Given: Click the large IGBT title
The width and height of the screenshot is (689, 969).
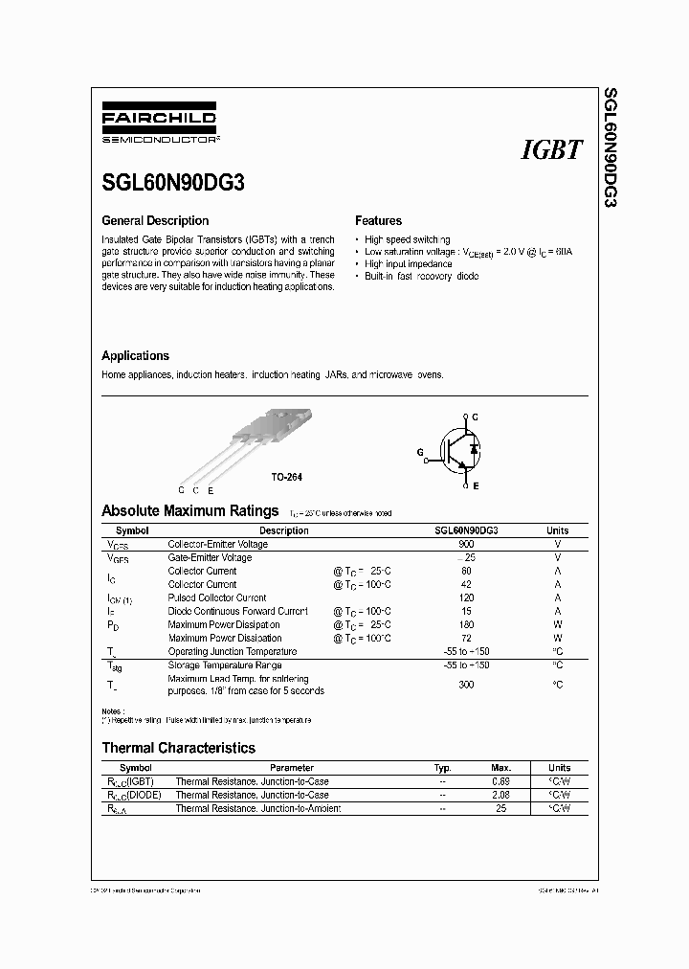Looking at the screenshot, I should click(x=551, y=149).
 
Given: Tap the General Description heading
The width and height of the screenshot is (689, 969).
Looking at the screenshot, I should click(x=155, y=220).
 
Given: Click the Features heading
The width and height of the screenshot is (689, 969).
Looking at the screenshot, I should click(x=378, y=220).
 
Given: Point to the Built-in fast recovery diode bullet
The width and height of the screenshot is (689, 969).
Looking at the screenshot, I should click(x=421, y=276).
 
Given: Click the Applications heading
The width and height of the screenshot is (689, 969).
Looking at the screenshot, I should click(x=135, y=355).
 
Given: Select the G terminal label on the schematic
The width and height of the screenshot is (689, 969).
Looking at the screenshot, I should click(x=419, y=451).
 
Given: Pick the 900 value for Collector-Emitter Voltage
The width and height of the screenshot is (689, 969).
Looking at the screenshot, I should click(x=466, y=544).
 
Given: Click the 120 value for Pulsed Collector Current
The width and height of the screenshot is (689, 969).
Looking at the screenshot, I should click(x=466, y=597).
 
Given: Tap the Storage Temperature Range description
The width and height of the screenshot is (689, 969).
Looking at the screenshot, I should click(x=225, y=665).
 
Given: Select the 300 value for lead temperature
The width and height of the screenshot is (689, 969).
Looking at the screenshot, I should click(x=466, y=685).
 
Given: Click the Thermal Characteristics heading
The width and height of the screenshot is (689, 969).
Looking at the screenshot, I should click(x=178, y=747).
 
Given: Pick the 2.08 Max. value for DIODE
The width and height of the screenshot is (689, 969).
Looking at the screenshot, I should click(x=501, y=795).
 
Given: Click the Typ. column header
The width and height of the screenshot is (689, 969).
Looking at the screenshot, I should click(x=442, y=768).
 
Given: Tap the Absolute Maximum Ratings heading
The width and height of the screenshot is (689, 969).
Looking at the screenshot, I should click(x=189, y=511).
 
